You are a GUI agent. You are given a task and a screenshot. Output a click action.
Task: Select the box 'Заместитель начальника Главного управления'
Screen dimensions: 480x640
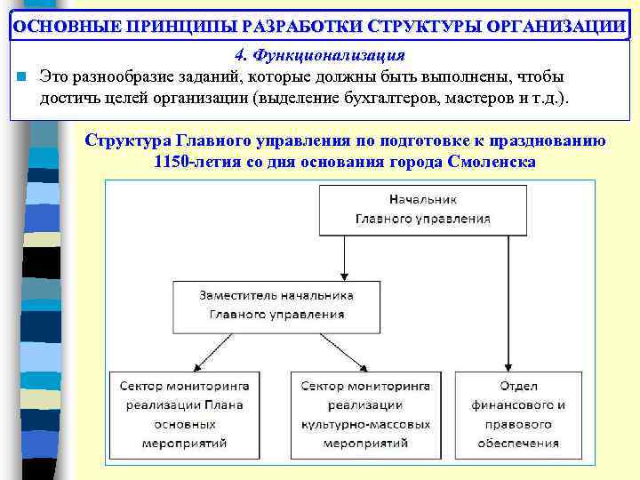point(277,305)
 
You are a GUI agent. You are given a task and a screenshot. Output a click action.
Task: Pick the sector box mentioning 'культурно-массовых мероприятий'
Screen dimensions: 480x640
point(365,413)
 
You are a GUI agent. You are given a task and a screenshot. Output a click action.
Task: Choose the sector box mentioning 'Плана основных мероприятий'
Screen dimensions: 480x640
point(190,413)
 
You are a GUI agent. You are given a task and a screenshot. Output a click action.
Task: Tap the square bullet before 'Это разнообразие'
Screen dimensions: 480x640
point(20,76)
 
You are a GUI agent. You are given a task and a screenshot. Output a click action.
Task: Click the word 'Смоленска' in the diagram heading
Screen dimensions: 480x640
point(492,163)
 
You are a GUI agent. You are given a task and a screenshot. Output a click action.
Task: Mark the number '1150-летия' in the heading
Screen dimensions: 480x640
point(192,163)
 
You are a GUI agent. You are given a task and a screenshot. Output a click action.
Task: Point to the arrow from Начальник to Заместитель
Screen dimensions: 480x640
point(345,258)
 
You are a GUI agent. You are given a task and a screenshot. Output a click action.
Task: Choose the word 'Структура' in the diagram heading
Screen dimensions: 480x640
point(124,141)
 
